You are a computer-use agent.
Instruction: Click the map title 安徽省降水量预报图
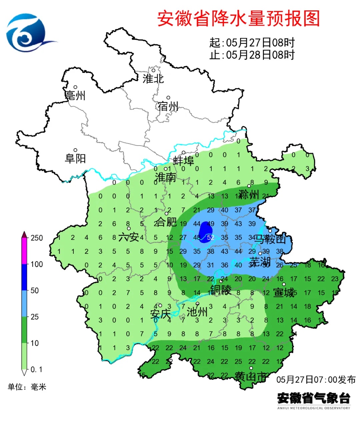[x=238, y=18]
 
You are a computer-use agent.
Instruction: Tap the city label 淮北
[x=153, y=79]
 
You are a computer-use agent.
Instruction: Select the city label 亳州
[x=75, y=96]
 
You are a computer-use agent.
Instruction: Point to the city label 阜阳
[x=75, y=158]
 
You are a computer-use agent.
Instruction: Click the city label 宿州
[x=168, y=106]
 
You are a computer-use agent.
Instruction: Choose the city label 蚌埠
[x=183, y=161]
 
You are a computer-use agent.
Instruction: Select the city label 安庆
[x=160, y=314]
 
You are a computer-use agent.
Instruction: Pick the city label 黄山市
[x=251, y=376]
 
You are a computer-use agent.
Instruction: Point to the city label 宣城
[x=284, y=292]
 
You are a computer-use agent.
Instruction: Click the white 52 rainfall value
[x=210, y=237]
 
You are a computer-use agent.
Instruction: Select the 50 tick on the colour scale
[x=35, y=290]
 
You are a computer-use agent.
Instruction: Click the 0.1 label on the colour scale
[x=36, y=369]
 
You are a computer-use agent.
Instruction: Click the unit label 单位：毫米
[x=27, y=387]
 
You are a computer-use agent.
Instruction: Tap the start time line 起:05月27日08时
[x=252, y=43]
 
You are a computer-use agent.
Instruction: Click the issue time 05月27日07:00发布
[x=316, y=379]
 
